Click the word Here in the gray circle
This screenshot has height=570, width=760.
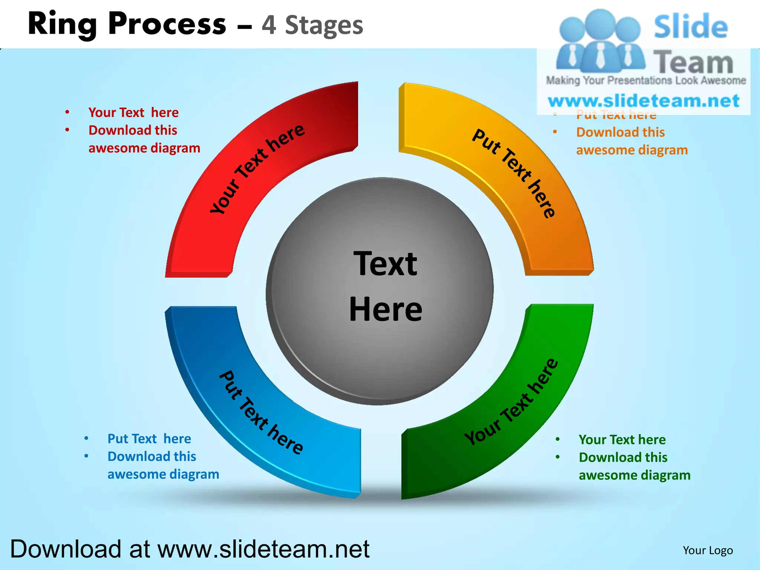[386, 309]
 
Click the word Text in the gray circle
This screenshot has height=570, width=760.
[386, 264]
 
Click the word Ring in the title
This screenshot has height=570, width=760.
[62, 24]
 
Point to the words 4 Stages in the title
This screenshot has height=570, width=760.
[312, 25]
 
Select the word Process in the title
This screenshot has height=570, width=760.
[167, 24]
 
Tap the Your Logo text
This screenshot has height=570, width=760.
[708, 550]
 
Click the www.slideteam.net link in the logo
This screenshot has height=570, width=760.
[643, 101]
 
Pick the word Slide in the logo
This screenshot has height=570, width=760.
[690, 27]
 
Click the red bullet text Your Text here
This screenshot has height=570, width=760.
[133, 112]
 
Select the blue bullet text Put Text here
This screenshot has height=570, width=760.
[149, 439]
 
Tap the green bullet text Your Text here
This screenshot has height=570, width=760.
[622, 440]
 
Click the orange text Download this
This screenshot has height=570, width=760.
[620, 132]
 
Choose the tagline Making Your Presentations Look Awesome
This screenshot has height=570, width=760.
[646, 81]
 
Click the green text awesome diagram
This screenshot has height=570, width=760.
[635, 475]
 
